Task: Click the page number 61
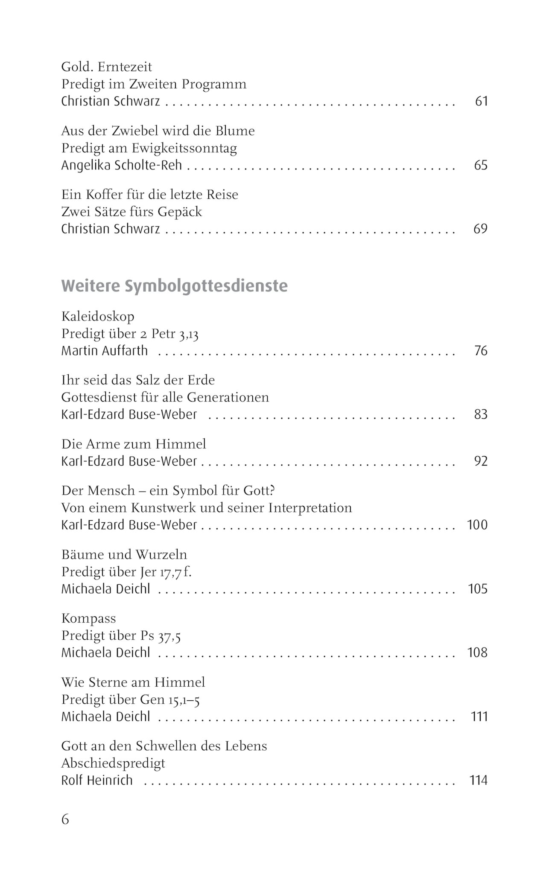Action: click(481, 102)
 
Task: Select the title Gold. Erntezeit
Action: click(107, 67)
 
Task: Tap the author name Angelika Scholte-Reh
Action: click(122, 166)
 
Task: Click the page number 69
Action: click(480, 229)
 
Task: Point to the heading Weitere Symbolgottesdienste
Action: click(175, 286)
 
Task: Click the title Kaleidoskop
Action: click(98, 317)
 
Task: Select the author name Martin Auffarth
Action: click(105, 351)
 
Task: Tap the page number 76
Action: click(481, 351)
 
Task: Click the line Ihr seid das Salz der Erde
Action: click(138, 380)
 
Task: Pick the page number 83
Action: click(481, 414)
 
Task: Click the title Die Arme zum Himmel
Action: click(134, 444)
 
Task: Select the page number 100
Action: click(477, 525)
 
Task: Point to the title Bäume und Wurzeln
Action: click(124, 555)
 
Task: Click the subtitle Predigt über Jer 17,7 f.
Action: click(126, 572)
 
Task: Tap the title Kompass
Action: click(89, 618)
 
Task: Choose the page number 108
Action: click(477, 653)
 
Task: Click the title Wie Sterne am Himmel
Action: click(133, 682)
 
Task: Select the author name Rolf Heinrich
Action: click(97, 781)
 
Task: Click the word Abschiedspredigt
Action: click(113, 763)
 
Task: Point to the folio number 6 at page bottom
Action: click(65, 819)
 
